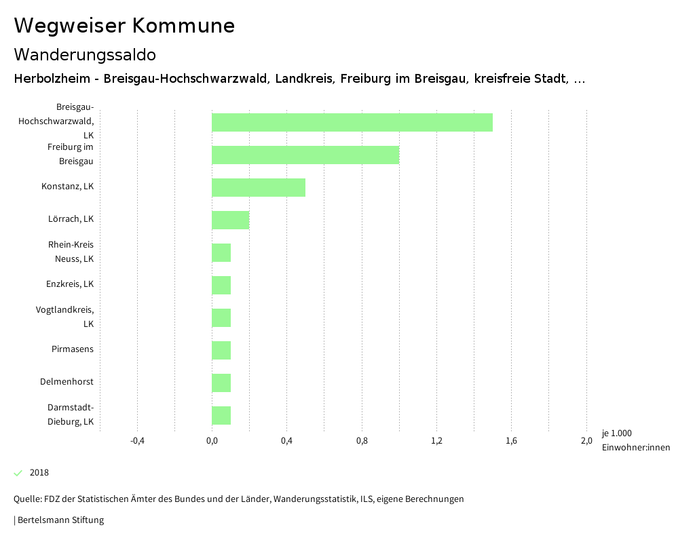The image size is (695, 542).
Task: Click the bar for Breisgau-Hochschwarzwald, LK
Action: click(x=352, y=123)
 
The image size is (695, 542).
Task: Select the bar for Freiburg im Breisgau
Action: click(x=305, y=155)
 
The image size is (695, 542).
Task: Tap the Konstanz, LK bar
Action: click(x=259, y=187)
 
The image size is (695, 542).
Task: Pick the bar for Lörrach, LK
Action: click(x=231, y=220)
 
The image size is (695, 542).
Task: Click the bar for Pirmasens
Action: click(x=221, y=350)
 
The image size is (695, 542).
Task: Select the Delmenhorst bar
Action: click(x=221, y=383)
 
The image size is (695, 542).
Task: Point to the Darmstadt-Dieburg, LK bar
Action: click(x=221, y=415)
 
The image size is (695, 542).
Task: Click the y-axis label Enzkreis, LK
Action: click(x=70, y=284)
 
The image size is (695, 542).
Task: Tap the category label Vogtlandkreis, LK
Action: click(x=65, y=317)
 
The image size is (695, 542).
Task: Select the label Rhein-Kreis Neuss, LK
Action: click(x=71, y=252)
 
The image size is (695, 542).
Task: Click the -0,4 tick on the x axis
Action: click(x=137, y=442)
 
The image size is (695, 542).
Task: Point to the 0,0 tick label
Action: click(x=212, y=442)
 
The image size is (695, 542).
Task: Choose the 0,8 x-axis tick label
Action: click(x=362, y=442)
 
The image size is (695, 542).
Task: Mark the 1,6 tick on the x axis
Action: click(x=512, y=442)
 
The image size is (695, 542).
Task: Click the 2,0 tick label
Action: click(x=586, y=442)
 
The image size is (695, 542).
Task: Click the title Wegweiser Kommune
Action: click(x=124, y=26)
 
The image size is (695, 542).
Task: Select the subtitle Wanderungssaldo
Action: click(x=85, y=54)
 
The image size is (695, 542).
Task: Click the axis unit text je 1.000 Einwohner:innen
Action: click(x=635, y=440)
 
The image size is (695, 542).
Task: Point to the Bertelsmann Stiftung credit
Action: click(x=60, y=520)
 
